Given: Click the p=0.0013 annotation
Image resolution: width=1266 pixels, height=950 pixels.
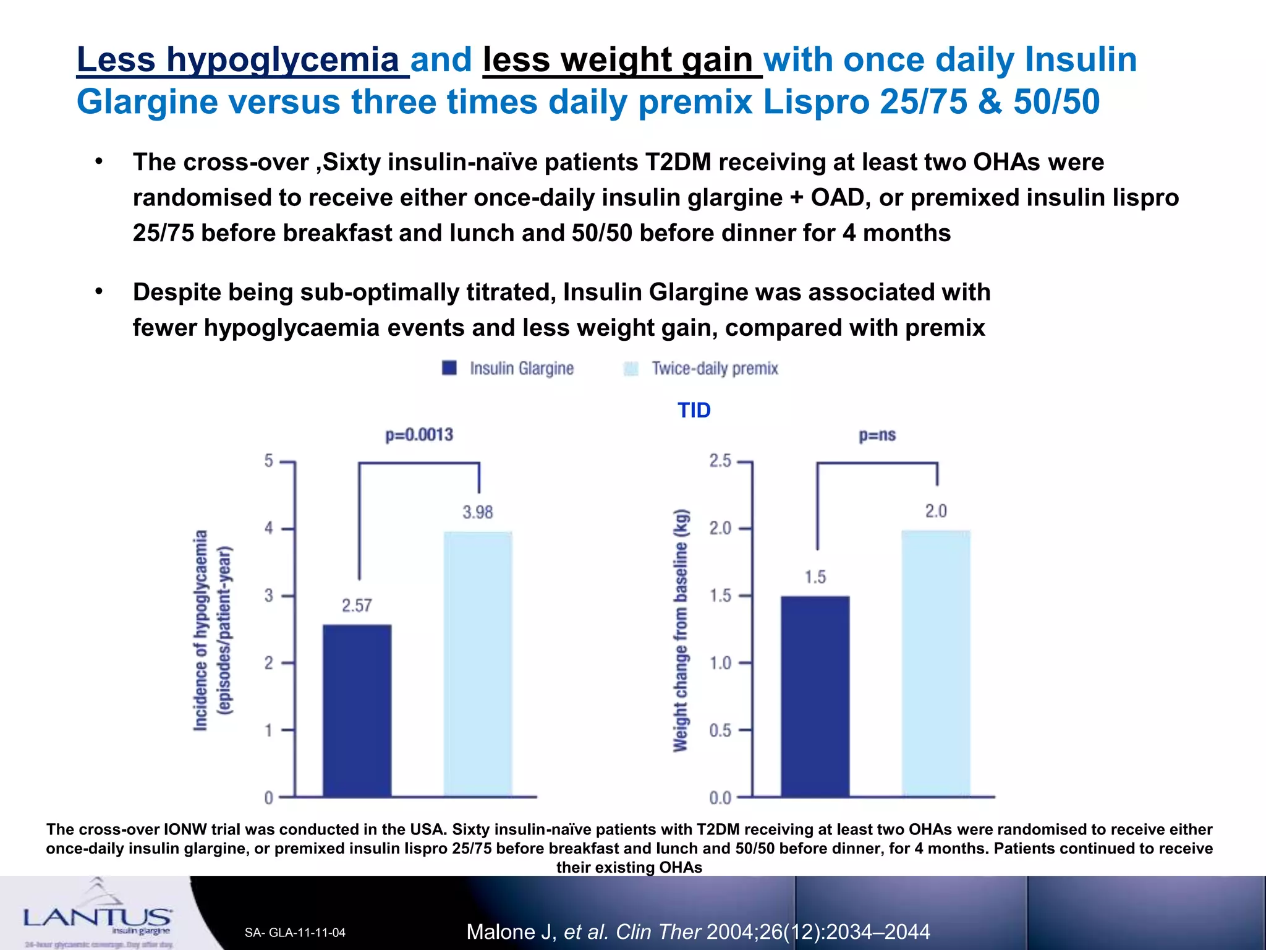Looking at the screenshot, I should pos(419,435).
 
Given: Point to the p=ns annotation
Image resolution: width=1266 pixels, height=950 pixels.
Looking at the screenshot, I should pos(877,435).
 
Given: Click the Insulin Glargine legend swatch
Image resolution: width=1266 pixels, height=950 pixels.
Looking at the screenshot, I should pos(449,368).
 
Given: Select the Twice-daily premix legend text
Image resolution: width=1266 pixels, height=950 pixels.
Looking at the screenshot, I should pos(715,369).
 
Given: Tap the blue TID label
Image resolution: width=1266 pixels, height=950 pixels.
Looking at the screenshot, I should pos(694,410).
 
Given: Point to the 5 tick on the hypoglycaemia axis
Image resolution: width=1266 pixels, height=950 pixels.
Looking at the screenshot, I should pos(269,461).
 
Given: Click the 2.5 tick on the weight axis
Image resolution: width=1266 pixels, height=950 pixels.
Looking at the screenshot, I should pos(720,461).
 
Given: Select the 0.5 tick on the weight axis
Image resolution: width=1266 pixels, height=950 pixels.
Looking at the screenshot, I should pos(720,730).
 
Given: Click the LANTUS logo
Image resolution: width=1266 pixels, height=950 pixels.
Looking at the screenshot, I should pos(98,917).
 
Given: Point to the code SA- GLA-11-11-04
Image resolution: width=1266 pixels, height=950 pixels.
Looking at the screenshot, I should pos(295,933).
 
